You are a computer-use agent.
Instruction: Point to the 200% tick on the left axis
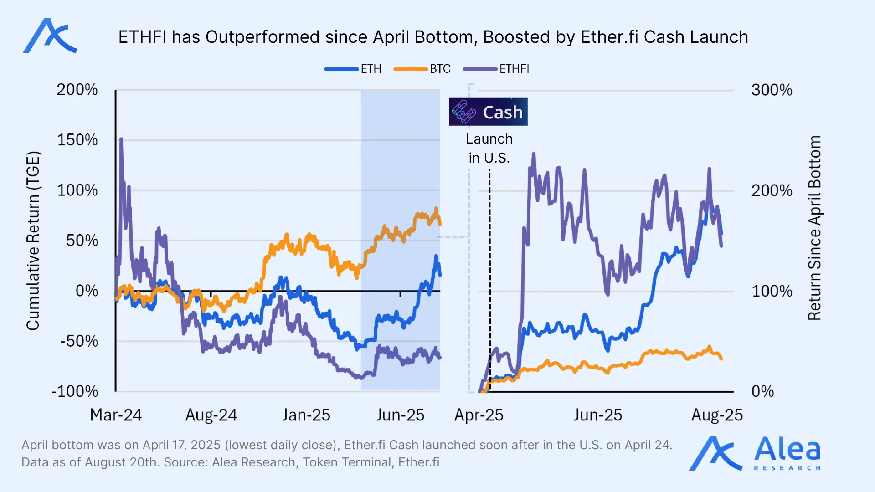click(x=77, y=90)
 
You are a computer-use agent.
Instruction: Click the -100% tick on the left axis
click(x=75, y=391)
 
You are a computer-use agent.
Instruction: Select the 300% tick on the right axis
click(x=772, y=90)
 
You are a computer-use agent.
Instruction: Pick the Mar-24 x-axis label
click(x=116, y=415)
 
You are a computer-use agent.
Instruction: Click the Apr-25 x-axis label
click(x=479, y=415)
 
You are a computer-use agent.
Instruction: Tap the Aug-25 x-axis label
click(x=717, y=415)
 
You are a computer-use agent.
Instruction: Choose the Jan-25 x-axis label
click(x=306, y=415)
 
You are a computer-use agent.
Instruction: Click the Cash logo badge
click(x=488, y=112)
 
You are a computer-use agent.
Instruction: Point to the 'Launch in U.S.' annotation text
click(x=489, y=148)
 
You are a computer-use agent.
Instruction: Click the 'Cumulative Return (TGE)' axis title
click(x=33, y=240)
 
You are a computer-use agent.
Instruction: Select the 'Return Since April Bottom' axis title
click(x=814, y=228)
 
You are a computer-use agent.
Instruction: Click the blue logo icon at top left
click(x=50, y=36)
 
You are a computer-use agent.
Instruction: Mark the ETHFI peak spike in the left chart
click(x=121, y=139)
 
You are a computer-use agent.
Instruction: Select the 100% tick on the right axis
click(x=772, y=291)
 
